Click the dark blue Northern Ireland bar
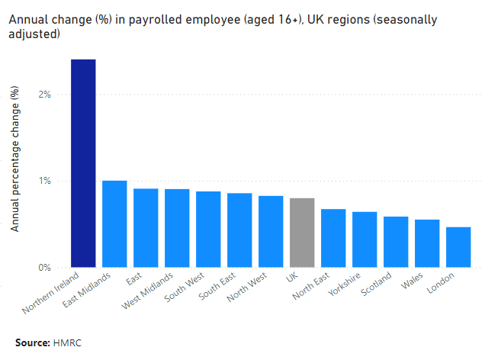coord(83,163)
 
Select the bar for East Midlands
coord(114,224)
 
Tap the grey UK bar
coord(302,233)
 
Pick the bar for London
coord(458,247)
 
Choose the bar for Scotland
coord(396,242)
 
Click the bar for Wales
coord(427,243)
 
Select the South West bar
coord(208,230)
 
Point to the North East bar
coord(333,238)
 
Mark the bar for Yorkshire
coord(365,239)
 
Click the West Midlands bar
coord(177,228)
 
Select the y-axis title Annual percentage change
coord(15,159)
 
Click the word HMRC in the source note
coord(67,342)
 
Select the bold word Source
coord(32,342)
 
